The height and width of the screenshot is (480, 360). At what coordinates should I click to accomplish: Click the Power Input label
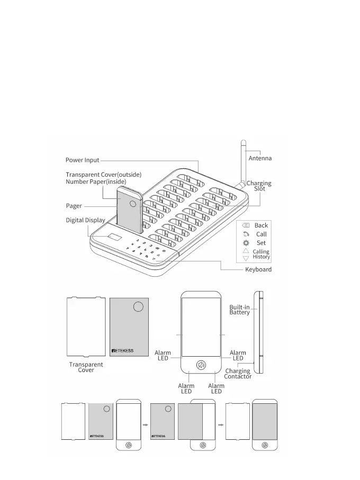[82, 160]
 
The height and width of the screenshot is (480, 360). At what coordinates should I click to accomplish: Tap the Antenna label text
[260, 158]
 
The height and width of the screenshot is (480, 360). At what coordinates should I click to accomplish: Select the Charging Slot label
[259, 186]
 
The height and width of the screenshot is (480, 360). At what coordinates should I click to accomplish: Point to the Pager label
[74, 206]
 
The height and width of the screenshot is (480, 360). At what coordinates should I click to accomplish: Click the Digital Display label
[85, 220]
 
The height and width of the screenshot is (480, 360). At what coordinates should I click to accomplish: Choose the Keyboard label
[258, 269]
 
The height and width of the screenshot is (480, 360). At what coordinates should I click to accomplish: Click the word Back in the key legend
[261, 225]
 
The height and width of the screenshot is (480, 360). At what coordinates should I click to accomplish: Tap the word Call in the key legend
[261, 234]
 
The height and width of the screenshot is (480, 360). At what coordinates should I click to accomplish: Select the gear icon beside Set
[246, 242]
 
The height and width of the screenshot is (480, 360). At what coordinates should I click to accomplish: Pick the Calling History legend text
[261, 254]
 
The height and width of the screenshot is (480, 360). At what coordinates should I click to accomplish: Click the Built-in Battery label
[239, 310]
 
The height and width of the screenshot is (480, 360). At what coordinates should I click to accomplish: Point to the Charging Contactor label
[238, 374]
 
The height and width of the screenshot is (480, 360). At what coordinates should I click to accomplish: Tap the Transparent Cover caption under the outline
[86, 367]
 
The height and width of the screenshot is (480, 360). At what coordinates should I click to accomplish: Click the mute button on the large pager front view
[201, 365]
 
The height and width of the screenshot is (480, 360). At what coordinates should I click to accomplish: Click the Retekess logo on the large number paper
[122, 350]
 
